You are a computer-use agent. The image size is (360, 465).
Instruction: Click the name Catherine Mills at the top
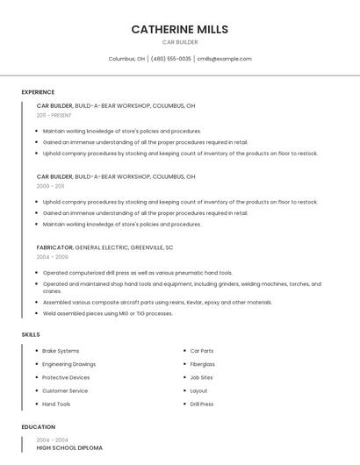[x=179, y=29]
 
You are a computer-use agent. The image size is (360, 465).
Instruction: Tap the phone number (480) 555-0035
[x=170, y=59]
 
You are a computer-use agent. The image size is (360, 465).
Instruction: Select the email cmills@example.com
[x=224, y=59]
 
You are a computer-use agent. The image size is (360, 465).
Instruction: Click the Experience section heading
[x=38, y=92]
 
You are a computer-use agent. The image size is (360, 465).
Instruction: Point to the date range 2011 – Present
[x=54, y=115]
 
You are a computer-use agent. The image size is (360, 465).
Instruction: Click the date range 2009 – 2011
[x=50, y=186]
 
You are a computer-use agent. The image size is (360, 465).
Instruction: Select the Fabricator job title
[x=54, y=247]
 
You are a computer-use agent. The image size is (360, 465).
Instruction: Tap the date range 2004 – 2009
[x=52, y=257]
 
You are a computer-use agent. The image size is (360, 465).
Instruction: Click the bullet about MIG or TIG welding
[x=107, y=313]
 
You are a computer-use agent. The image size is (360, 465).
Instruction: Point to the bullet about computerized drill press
[x=137, y=273]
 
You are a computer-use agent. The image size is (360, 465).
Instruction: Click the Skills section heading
[x=31, y=334]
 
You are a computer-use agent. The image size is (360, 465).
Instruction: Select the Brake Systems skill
[x=61, y=351]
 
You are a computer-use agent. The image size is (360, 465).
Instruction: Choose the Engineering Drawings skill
[x=68, y=364]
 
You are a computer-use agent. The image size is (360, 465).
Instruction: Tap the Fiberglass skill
[x=202, y=364]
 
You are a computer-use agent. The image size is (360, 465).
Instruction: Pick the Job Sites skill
[x=201, y=377]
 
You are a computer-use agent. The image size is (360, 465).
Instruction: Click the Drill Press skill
[x=201, y=404]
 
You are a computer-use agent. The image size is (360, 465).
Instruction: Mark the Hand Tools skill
[x=56, y=404]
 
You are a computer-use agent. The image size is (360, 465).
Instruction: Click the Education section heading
[x=38, y=426]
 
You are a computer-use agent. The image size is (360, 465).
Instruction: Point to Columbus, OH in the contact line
[x=126, y=59]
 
